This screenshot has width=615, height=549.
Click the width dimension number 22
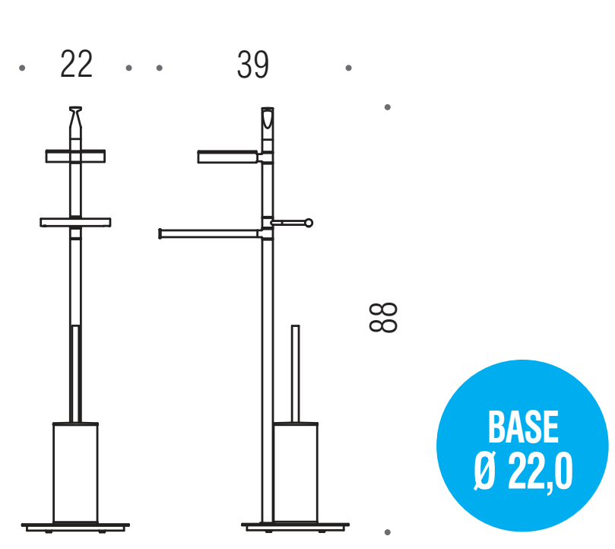[77, 64]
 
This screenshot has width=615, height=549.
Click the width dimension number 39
[253, 65]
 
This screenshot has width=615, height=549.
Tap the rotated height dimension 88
[383, 318]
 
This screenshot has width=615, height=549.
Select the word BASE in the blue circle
[523, 427]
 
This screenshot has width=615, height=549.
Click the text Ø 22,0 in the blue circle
[523, 471]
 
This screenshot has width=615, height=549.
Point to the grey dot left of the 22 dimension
[22, 68]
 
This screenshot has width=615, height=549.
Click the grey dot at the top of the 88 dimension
[388, 107]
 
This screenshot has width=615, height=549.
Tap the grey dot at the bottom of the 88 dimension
[388, 532]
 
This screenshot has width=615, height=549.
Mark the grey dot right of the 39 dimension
[348, 68]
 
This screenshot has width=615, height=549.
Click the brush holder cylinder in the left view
[76, 473]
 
